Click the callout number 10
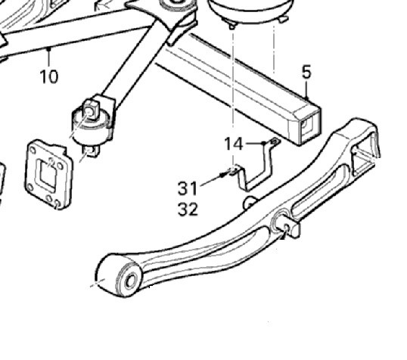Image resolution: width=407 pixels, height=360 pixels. (49, 77)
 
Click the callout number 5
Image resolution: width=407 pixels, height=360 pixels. (306, 72)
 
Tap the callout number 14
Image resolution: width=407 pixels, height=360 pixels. (233, 144)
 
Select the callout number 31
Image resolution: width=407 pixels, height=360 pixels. (188, 188)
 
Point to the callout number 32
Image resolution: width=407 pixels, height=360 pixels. (188, 209)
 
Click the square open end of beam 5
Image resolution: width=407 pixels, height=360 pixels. (309, 126)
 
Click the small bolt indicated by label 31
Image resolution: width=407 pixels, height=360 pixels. (223, 175)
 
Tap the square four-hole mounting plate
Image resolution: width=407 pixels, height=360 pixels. (48, 174)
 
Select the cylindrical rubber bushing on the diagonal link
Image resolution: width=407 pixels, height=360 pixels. (91, 126)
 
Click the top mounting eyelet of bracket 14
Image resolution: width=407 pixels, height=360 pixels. (275, 141)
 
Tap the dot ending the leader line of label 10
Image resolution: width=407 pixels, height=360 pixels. (48, 48)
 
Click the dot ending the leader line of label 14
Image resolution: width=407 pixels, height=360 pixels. (264, 143)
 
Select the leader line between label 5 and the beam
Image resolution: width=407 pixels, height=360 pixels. (307, 89)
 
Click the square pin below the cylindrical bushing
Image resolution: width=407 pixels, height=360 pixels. (92, 151)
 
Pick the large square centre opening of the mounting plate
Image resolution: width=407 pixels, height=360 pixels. (47, 172)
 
